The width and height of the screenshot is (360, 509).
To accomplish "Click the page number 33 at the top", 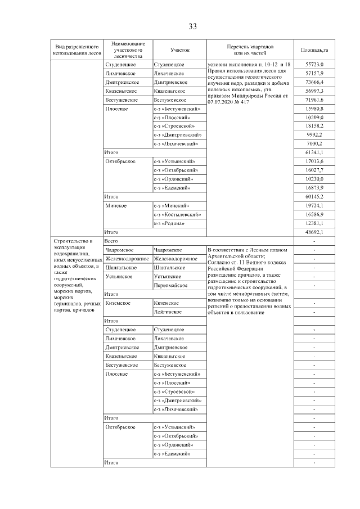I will pyautogui.click(x=192, y=27).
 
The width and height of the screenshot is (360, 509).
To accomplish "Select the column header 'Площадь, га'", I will pyautogui.click(x=314, y=50).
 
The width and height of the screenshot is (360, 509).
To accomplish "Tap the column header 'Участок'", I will pyautogui.click(x=179, y=50).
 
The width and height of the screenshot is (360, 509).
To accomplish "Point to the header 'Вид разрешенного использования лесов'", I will pyautogui.click(x=76, y=50).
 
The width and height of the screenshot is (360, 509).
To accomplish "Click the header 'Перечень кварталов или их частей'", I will pyautogui.click(x=250, y=50).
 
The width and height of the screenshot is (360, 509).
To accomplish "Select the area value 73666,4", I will pyautogui.click(x=314, y=82).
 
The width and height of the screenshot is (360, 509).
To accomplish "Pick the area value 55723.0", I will pyautogui.click(x=314, y=65).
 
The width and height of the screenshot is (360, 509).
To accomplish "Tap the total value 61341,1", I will pyautogui.click(x=314, y=152).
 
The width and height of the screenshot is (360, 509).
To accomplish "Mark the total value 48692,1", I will pyautogui.click(x=314, y=231).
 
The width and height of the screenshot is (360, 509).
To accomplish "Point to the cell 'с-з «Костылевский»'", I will pyautogui.click(x=177, y=214).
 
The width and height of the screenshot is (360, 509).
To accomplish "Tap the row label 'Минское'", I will pyautogui.click(x=116, y=206).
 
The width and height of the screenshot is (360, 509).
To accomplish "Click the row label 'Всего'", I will pyautogui.click(x=111, y=240).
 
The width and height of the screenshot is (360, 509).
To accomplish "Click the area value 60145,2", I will pyautogui.click(x=314, y=197).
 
